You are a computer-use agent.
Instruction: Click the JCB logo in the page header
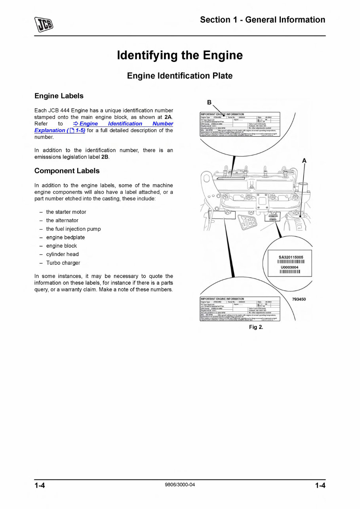point(44,25)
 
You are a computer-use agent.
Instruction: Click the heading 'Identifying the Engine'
point(180,55)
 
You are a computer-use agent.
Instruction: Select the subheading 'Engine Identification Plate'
point(180,76)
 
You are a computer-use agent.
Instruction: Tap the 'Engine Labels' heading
point(59,96)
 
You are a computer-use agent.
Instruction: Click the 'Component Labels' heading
point(67,171)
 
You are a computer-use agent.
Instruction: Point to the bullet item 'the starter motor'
point(66,212)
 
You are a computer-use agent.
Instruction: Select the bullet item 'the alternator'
point(62,220)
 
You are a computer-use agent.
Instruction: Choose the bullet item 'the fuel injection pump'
point(73,229)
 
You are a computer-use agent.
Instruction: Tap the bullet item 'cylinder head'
point(62,254)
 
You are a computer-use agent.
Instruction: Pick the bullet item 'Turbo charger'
point(63,263)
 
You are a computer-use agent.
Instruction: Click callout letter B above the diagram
point(210,103)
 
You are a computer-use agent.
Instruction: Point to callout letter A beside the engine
point(304,160)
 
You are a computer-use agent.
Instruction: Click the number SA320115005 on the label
point(291,258)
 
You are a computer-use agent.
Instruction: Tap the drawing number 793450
point(299,299)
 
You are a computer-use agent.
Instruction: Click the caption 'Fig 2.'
point(256,327)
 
